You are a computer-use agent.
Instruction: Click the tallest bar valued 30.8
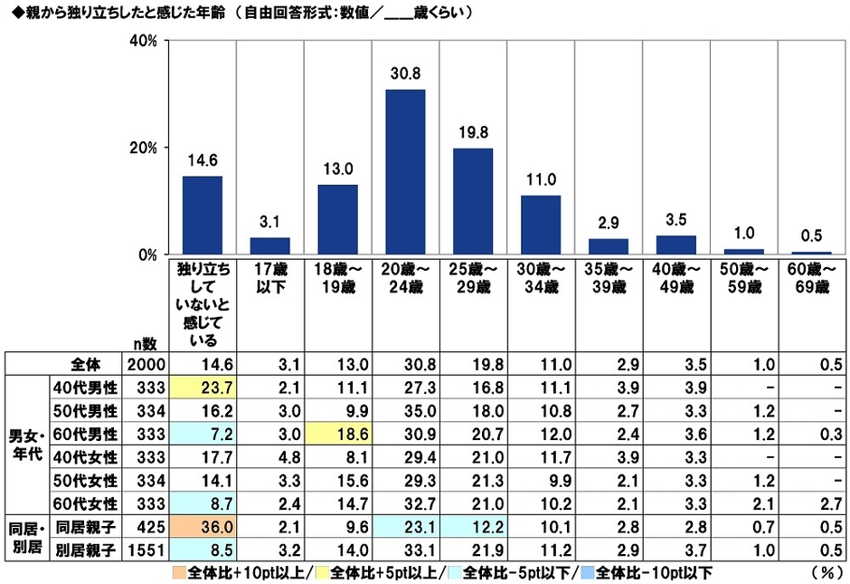[x=405, y=172]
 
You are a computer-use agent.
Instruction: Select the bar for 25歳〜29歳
[x=473, y=201]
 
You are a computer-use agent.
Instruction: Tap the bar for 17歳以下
[x=269, y=245]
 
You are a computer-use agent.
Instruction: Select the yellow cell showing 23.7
[x=202, y=388]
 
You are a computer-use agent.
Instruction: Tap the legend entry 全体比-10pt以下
[x=651, y=573]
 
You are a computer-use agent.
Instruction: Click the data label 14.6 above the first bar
[x=202, y=162]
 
